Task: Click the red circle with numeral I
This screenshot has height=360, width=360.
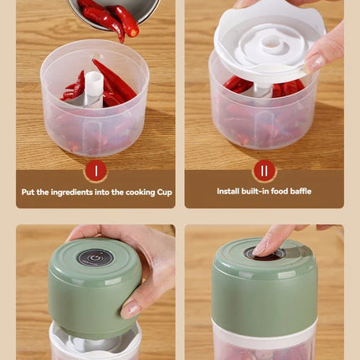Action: point(95,171)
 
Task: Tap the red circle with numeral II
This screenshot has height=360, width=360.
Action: point(264,171)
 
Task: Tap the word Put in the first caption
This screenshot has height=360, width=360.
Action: point(29,192)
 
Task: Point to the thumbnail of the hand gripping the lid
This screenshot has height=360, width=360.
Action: point(132,308)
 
